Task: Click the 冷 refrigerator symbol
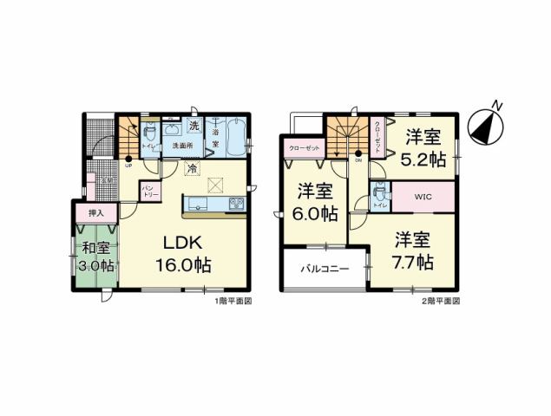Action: pos(190,170)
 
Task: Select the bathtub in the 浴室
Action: pos(233,138)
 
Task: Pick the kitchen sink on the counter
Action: pos(195,205)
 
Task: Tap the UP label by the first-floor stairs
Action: pos(129,166)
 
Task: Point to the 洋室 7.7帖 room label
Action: pos(411,249)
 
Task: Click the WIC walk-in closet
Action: pos(423,196)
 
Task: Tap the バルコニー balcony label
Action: pos(325,270)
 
